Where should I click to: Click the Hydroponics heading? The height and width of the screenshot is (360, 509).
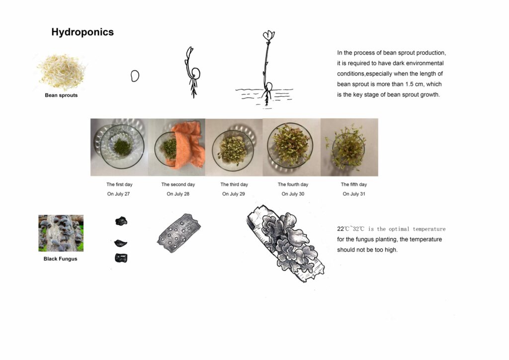pos(83,32)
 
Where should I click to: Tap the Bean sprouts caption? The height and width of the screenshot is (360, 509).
pos(61,95)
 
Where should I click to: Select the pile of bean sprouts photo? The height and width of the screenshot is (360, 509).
pos(61,72)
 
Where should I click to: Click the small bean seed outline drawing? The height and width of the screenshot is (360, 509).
pos(135,76)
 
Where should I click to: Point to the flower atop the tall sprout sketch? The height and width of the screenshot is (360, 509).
pos(269,35)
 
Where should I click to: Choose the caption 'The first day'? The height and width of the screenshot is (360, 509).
pos(119,184)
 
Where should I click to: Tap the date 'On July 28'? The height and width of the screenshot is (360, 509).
pos(178,194)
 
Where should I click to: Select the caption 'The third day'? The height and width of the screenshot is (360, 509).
pos(234,184)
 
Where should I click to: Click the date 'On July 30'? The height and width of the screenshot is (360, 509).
pos(293,194)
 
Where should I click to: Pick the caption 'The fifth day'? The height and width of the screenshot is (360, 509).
pos(354,184)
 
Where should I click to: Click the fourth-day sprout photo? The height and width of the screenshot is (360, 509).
pos(291,147)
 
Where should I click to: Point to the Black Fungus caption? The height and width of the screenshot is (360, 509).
pos(60,259)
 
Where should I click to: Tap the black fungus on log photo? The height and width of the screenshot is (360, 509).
pos(61,233)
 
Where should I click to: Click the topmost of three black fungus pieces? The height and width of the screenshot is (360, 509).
pos(121,221)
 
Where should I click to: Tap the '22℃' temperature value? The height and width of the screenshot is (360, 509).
pos(342,229)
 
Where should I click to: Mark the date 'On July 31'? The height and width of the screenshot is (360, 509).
pos(354,194)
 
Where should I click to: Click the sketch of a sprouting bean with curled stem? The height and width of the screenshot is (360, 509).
pos(193,73)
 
